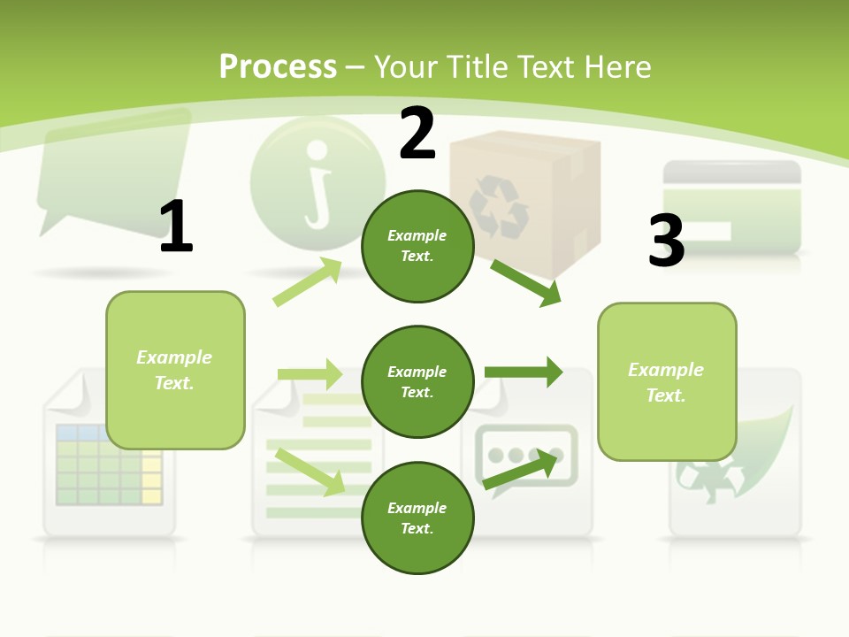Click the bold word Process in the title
(x=278, y=67)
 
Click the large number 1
(x=176, y=226)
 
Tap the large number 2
(x=417, y=134)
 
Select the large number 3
(x=666, y=241)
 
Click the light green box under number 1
(x=175, y=370)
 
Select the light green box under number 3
(x=667, y=381)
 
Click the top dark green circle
(x=417, y=246)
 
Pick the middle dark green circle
(x=417, y=381)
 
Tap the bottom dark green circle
(x=417, y=518)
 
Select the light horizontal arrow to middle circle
(x=310, y=374)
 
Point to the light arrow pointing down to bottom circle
(x=310, y=472)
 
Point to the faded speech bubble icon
(x=112, y=173)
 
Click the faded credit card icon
(x=731, y=208)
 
